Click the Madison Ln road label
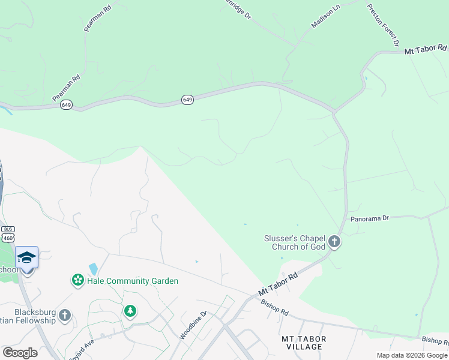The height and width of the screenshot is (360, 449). (325, 16)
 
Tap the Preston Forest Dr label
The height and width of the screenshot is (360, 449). (383, 23)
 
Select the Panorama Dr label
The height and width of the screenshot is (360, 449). (370, 219)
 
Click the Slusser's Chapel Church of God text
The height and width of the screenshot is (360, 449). (295, 242)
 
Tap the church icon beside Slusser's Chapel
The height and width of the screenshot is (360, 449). (334, 242)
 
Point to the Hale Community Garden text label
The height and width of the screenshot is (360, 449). (133, 281)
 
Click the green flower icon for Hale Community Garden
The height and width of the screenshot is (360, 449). (77, 280)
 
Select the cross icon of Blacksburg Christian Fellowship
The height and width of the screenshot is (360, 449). (65, 315)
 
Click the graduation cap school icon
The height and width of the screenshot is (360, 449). (26, 257)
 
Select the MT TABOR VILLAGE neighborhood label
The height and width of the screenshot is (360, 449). (304, 343)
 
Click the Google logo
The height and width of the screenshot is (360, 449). (20, 353)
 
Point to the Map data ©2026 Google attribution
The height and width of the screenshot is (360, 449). (412, 355)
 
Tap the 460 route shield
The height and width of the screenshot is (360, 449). (8, 238)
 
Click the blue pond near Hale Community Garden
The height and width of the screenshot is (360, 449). (93, 269)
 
